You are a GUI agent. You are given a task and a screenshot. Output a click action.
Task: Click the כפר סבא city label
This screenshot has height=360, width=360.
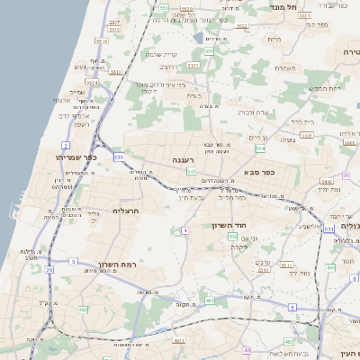[258, 170]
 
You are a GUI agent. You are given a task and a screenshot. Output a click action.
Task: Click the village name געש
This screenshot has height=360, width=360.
[78, 66]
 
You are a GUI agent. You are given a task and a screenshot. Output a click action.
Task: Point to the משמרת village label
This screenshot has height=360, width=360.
[285, 67]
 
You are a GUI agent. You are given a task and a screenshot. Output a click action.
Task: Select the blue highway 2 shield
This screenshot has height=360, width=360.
[66, 145]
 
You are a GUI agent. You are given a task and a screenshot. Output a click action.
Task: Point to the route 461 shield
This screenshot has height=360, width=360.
[210, 300]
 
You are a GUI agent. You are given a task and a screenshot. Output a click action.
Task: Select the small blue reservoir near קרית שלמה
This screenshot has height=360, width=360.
[198, 40]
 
